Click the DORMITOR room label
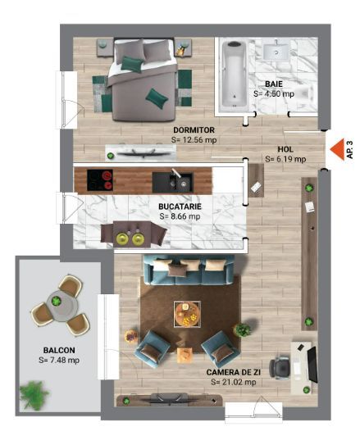coord(194,129)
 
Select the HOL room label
coord(285,149)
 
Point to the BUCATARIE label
coord(180,207)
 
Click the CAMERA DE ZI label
coord(235,372)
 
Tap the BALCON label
coord(58,350)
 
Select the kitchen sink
coord(175,179)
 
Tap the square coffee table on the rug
coord(187,313)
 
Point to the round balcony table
coord(57,304)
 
